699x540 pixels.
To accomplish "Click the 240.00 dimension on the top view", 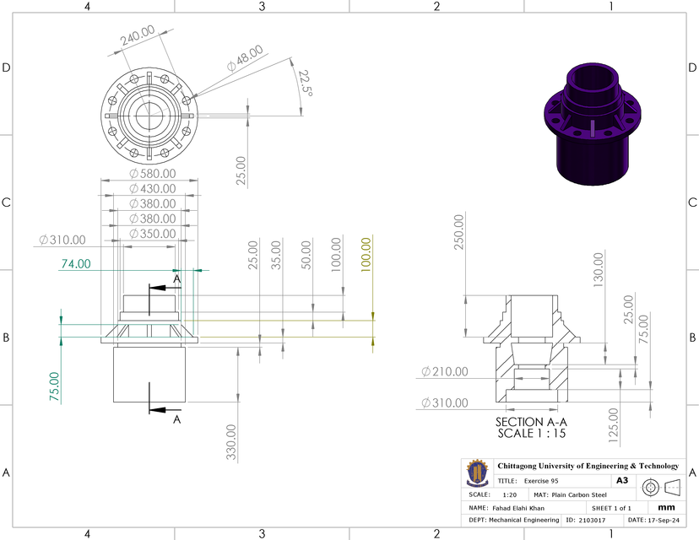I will (137, 36).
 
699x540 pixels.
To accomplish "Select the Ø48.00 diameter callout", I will (245, 58).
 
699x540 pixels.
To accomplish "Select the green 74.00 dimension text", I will (75, 263).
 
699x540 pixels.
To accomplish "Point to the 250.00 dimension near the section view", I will (458, 231).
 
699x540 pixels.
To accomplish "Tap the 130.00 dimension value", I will (599, 269).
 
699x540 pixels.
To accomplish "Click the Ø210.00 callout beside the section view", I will (444, 371).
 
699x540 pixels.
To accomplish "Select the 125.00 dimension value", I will (613, 425).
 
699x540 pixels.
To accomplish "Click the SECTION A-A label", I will (530, 422).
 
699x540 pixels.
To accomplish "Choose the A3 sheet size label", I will (622, 479).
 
